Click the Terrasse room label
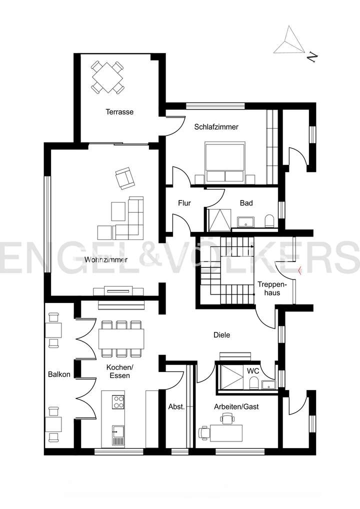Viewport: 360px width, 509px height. (119, 112)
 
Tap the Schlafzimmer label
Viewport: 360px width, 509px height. (216, 127)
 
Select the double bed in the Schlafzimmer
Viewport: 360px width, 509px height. (224, 162)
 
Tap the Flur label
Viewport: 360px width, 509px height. (185, 203)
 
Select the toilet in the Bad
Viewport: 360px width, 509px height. (269, 220)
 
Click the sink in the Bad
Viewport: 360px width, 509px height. (246, 221)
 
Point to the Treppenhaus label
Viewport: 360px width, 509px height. (269, 288)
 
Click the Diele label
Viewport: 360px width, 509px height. (221, 335)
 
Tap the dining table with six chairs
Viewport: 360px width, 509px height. (121, 339)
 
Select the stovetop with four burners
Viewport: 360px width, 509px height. (117, 401)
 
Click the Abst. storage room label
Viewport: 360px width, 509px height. (176, 406)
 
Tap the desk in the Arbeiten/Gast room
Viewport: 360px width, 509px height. (226, 432)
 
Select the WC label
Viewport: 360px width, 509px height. (252, 371)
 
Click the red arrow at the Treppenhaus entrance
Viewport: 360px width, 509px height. (299, 271)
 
